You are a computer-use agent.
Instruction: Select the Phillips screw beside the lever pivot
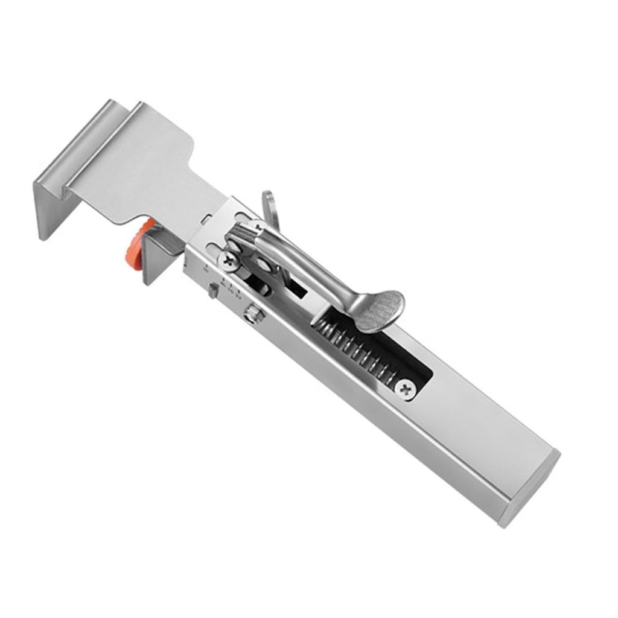[230, 261]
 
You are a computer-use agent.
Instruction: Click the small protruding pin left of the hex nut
[213, 291]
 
